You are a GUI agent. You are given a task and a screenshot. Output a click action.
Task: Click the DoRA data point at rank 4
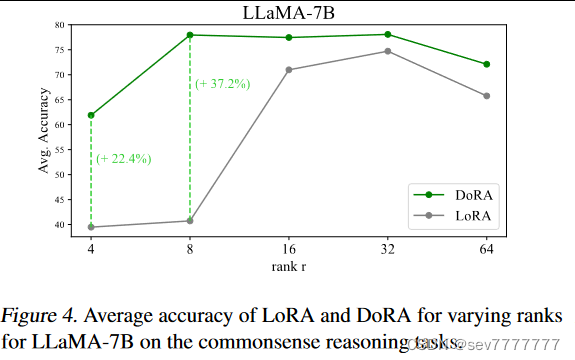(x=91, y=115)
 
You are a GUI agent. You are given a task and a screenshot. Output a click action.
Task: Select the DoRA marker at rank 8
(x=190, y=35)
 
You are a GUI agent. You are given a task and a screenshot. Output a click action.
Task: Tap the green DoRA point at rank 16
(x=289, y=38)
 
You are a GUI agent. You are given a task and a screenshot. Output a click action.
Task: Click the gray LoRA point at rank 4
(x=91, y=227)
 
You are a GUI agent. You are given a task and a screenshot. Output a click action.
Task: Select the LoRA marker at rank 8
(x=190, y=221)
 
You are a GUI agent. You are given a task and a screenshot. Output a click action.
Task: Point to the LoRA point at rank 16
(x=289, y=70)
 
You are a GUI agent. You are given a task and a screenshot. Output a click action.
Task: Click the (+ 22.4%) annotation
(x=123, y=158)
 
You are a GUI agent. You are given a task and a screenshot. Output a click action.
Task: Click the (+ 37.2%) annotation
(x=222, y=83)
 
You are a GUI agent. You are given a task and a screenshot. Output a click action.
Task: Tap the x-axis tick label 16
(x=289, y=248)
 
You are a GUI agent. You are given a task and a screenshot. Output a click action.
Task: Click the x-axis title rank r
(x=289, y=265)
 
